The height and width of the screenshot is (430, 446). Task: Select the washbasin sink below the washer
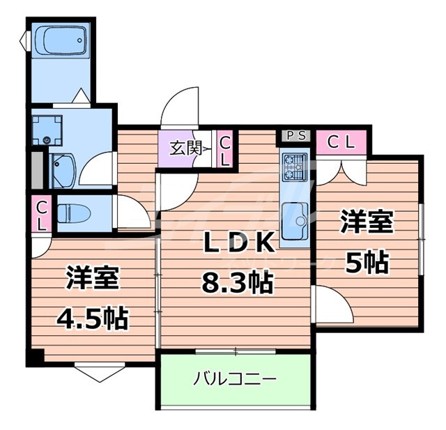(65, 169)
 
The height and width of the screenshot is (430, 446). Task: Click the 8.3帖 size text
(237, 283)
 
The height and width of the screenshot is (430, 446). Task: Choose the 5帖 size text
(367, 262)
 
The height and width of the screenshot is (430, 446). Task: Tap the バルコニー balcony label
(235, 380)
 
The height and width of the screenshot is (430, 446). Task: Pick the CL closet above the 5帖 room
(342, 143)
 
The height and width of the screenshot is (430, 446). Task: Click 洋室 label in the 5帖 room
(367, 224)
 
